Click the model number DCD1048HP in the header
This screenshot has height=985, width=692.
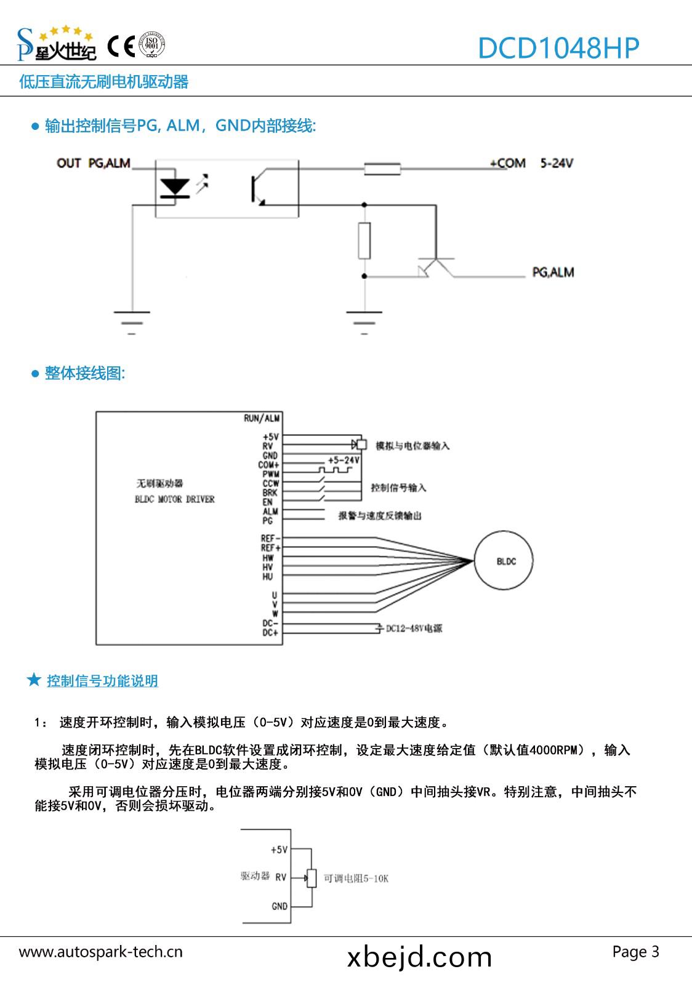click(x=558, y=47)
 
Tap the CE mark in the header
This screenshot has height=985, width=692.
click(x=121, y=46)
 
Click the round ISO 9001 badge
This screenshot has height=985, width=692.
click(x=151, y=45)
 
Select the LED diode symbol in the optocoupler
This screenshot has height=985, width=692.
click(x=174, y=187)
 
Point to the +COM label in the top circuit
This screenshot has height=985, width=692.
click(x=508, y=163)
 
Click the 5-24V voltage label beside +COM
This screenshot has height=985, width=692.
click(x=557, y=163)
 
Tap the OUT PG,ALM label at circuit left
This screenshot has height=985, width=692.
click(x=94, y=163)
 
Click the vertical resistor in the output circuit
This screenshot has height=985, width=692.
click(x=364, y=241)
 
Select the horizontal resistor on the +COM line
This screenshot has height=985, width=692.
click(x=382, y=169)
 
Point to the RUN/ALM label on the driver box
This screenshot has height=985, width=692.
click(x=262, y=419)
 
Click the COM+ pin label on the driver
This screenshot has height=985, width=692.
click(x=268, y=465)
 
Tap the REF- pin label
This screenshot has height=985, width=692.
click(x=270, y=539)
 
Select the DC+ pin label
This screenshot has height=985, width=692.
click(x=270, y=633)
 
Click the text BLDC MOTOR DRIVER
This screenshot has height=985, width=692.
click(x=175, y=499)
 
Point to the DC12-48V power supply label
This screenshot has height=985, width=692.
click(x=414, y=629)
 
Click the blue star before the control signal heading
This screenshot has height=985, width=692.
click(x=34, y=680)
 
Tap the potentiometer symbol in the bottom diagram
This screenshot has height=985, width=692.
click(x=312, y=878)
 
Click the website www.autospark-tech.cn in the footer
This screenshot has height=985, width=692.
click(x=101, y=952)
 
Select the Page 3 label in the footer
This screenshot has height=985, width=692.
click(x=635, y=952)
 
